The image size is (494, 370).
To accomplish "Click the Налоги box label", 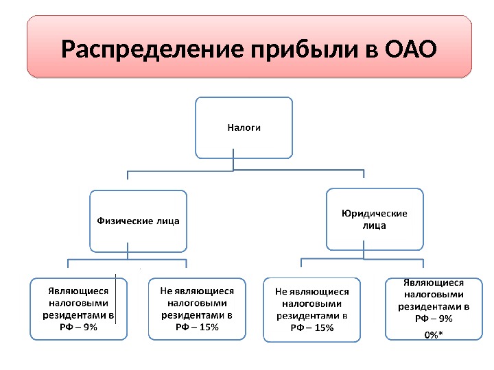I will pos(244,127).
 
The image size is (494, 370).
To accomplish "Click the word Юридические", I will pos(374,213).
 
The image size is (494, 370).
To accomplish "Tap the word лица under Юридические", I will pos(374,225).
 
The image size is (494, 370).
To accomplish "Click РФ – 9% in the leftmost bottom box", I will pos(79,327).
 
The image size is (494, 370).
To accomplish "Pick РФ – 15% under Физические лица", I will pos(197,327).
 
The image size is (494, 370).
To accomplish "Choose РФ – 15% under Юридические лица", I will pos(312,328).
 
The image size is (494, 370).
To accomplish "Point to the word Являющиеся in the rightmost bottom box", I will pos(434,282).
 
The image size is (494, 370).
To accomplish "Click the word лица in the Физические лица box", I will pos(167,221).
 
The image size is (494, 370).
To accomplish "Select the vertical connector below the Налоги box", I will pos(234,164).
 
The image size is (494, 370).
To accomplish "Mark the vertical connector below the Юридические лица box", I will pos(364,254).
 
